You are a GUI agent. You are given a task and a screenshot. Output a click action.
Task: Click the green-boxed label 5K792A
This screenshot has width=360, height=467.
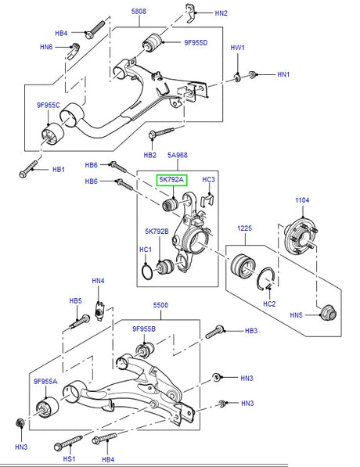171,180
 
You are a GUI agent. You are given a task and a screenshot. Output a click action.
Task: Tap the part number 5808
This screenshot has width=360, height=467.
139,11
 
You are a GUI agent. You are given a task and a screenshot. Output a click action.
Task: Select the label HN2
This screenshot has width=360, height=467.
221,13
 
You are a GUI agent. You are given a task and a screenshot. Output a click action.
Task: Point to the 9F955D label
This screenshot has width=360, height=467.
196,42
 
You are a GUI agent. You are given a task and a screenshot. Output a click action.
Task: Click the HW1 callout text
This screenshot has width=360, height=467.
237,48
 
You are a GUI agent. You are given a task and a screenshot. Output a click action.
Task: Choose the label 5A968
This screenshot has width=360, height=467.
178,155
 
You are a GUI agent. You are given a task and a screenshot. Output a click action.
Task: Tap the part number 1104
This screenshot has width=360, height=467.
302,200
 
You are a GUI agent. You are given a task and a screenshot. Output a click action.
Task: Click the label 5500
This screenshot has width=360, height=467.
160,305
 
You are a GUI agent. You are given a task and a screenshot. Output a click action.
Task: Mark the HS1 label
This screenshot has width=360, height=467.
69,459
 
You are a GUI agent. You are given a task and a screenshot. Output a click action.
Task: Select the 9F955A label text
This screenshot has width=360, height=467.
45,382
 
